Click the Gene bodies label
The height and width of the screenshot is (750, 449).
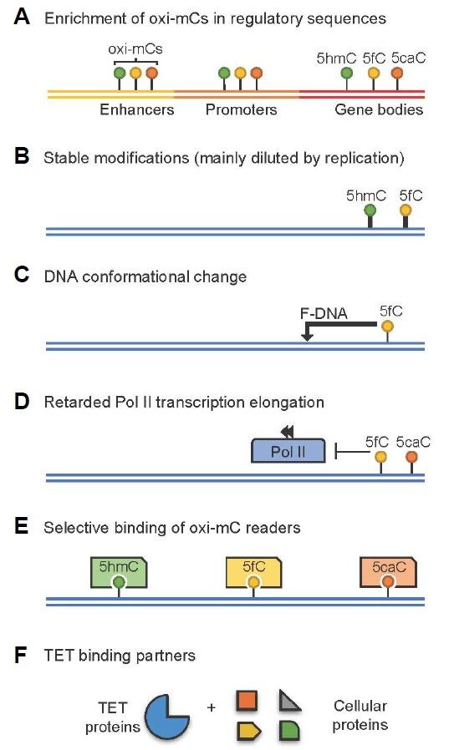click(379, 109)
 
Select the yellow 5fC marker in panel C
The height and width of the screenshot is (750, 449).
click(386, 327)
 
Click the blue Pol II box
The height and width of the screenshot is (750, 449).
click(289, 452)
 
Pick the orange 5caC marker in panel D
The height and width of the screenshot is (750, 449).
click(411, 457)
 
